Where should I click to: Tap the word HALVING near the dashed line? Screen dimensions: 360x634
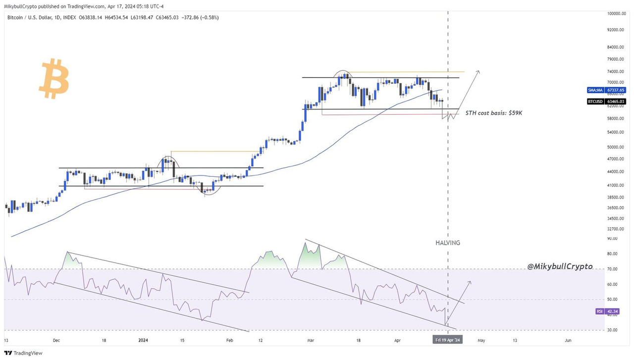click(x=448, y=243)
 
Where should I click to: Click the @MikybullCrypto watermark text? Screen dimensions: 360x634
click(x=559, y=266)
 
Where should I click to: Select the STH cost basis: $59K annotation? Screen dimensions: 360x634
click(x=494, y=113)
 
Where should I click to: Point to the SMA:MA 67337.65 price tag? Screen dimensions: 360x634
click(x=606, y=90)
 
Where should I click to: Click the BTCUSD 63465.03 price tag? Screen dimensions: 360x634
click(x=606, y=101)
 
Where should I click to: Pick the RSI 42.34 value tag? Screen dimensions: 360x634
click(x=606, y=311)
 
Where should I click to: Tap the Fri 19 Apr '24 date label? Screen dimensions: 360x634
click(x=448, y=340)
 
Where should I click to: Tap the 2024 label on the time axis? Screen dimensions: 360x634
click(x=143, y=340)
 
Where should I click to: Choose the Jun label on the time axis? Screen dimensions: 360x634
click(x=568, y=340)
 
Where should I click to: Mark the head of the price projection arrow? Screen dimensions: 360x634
click(x=478, y=72)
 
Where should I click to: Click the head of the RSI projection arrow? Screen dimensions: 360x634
click(x=470, y=282)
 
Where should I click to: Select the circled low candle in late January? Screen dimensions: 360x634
click(x=208, y=189)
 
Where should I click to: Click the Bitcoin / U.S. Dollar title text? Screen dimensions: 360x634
click(x=33, y=17)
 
